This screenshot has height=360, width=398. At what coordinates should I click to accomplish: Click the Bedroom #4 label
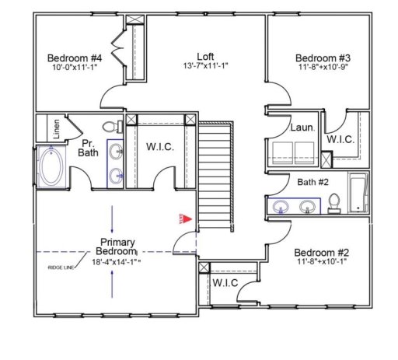pos(75,58)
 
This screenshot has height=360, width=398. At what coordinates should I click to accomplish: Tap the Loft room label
pos(205,57)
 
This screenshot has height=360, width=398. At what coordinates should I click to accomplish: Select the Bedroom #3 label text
pos(323,58)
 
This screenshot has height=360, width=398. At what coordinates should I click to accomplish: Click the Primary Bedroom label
pos(115,246)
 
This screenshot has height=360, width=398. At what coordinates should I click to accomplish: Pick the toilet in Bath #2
pos(334,202)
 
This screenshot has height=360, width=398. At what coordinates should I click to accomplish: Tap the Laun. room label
pos(301,128)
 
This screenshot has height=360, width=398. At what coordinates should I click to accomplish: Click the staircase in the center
pos(215,175)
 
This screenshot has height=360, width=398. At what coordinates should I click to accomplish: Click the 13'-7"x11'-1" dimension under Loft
pos(205,67)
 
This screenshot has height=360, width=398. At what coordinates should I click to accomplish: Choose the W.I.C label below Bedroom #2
pos(225,281)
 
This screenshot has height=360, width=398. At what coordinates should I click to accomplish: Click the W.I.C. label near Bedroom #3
pos(341,139)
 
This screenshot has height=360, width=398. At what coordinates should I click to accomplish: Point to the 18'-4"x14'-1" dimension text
pos(115,263)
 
